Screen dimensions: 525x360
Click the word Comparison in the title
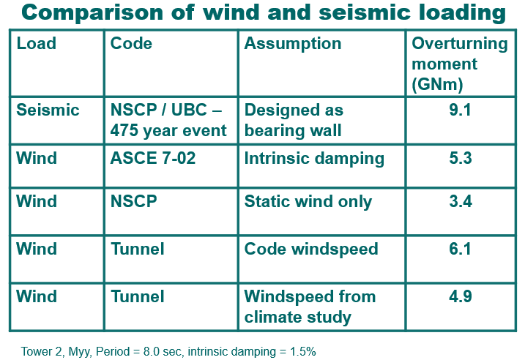click(92, 13)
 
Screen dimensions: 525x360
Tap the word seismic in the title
click(365, 12)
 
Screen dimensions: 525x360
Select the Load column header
click(36, 43)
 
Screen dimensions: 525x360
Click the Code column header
click(131, 43)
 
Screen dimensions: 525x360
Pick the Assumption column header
click(293, 44)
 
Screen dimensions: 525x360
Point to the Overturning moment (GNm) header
click(459, 64)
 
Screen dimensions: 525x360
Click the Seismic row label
click(48, 110)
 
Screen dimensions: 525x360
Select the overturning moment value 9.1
click(460, 110)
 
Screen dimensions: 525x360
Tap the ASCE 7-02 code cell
click(153, 158)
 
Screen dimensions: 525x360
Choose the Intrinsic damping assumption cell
click(314, 159)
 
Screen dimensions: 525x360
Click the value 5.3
click(461, 158)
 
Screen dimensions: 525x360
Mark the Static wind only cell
click(308, 202)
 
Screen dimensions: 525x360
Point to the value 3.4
click(461, 201)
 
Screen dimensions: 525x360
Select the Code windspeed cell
click(311, 250)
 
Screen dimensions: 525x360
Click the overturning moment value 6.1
click(460, 249)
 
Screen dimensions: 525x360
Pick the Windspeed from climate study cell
click(310, 307)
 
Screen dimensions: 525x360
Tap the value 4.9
click(461, 296)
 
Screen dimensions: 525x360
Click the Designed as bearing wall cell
click(294, 121)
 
